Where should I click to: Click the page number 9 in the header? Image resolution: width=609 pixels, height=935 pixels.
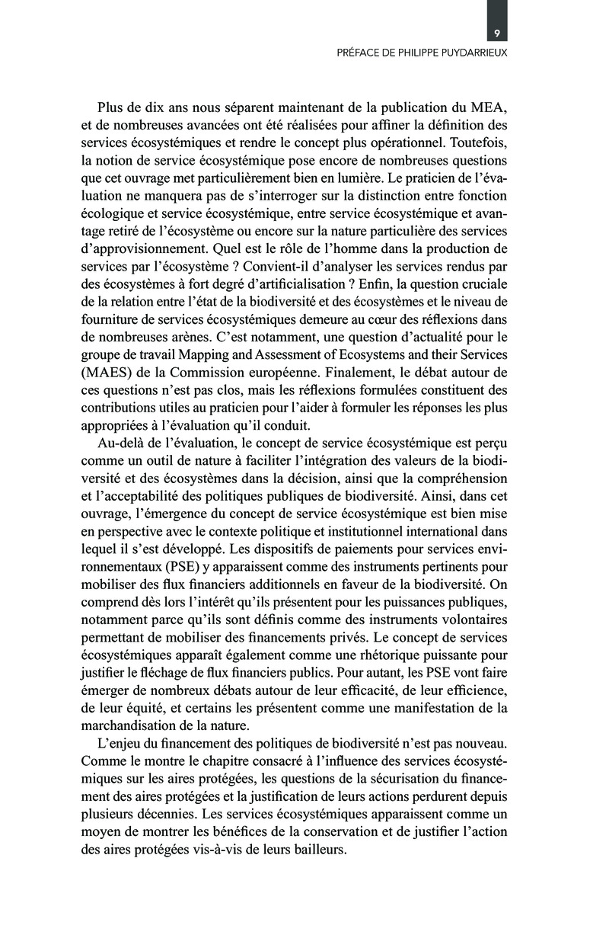tap(496, 34)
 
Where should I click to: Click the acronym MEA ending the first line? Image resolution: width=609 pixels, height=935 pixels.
tap(490, 107)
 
